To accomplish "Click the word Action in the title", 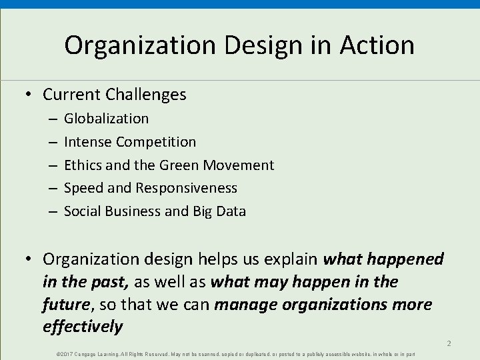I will pos(377,45).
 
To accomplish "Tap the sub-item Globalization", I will pos(106,119).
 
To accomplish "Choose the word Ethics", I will pos(83,165).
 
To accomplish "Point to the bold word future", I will pos(65,305).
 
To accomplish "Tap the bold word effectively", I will pos(83,327).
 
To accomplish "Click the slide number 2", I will pos(449,343).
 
